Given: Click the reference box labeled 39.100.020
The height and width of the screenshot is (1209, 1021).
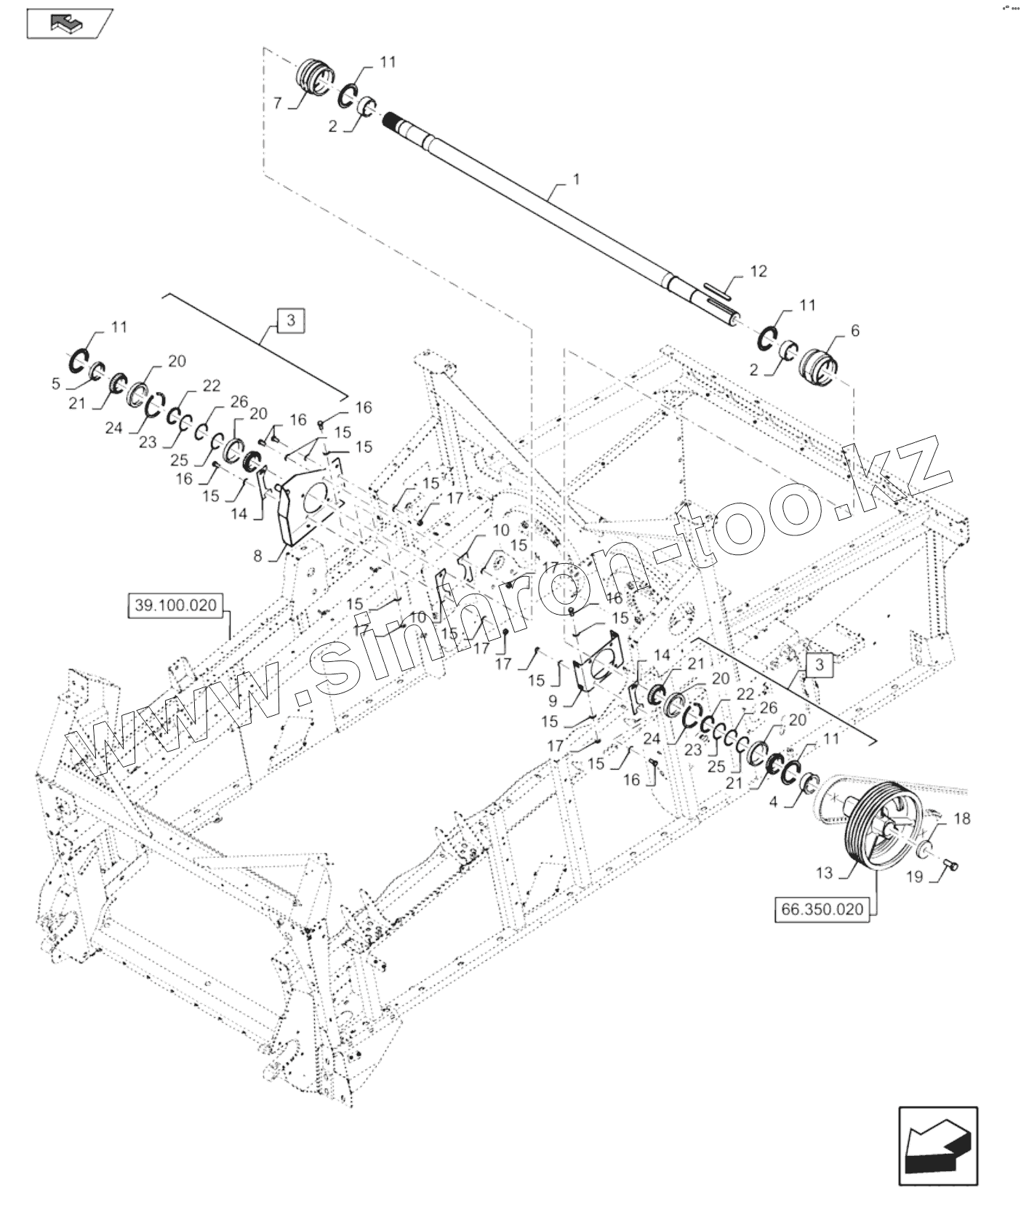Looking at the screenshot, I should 177,605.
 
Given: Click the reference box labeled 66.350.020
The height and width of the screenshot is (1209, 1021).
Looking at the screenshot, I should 822,909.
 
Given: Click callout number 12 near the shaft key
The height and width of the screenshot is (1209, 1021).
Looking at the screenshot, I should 758,272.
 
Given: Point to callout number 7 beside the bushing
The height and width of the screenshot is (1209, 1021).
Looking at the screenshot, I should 277,104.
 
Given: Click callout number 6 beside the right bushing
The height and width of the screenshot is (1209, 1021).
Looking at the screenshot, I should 854,331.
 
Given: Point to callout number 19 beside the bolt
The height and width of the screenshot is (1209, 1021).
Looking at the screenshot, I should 914,877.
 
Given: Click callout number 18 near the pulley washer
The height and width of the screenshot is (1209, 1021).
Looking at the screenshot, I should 961,819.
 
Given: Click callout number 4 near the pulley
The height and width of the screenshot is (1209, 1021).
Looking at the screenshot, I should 772,802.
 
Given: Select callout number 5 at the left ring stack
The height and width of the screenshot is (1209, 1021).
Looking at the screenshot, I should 56,383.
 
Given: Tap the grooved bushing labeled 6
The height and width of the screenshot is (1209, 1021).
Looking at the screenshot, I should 818,362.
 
